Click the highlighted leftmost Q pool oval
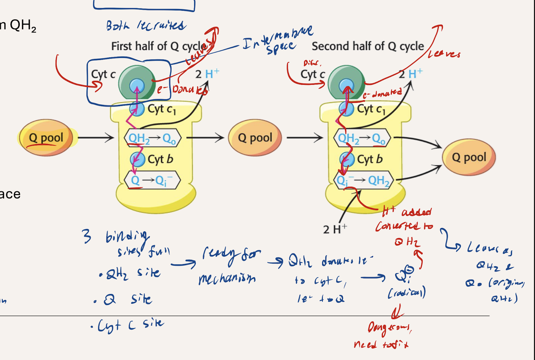point(46,137)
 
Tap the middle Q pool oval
point(255,137)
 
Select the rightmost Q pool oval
point(469,157)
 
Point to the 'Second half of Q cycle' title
point(368,46)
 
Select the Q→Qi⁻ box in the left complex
point(153,180)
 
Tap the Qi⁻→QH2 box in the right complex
point(363,180)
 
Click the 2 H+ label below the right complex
point(335,229)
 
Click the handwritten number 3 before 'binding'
point(86,236)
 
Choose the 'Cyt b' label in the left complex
point(160,159)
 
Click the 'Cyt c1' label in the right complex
point(371,109)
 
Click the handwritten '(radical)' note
point(407,293)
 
